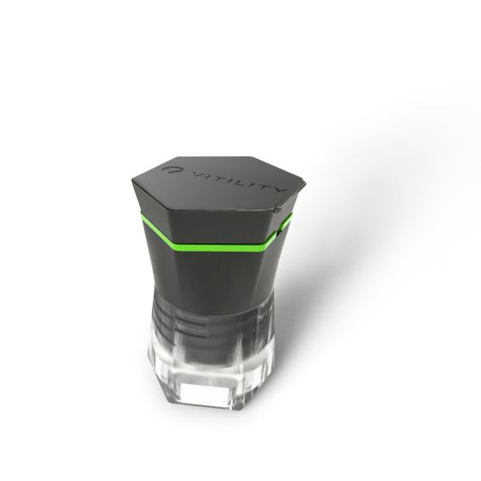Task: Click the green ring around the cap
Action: coord(215,246)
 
